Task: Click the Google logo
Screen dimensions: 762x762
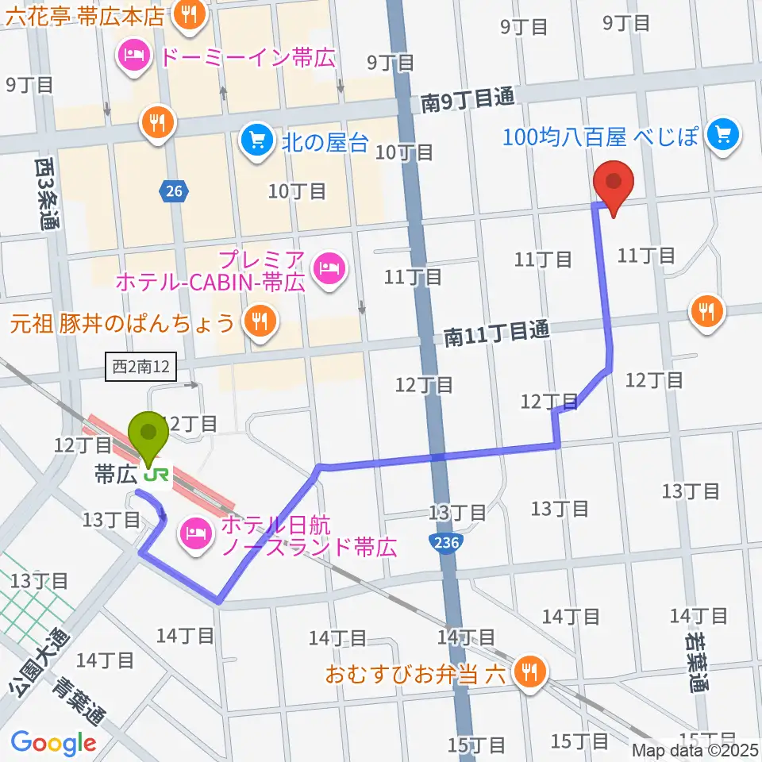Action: [x=53, y=743]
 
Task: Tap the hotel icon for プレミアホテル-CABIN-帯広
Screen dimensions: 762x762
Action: [x=326, y=269]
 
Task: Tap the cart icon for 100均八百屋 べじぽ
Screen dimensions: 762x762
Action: [x=722, y=134]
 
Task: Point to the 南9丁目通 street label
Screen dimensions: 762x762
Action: [x=468, y=100]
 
